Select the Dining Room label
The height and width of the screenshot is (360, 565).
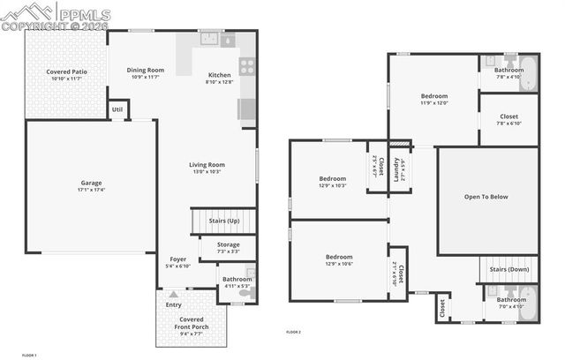(x=145, y=70)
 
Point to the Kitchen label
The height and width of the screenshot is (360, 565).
(x=219, y=75)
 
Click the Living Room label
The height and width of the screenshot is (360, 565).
(x=207, y=164)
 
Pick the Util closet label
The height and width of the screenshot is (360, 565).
(x=117, y=109)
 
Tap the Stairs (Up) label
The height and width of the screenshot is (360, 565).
(x=223, y=220)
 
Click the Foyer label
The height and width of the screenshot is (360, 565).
(x=178, y=259)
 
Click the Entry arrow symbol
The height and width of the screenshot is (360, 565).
(x=174, y=295)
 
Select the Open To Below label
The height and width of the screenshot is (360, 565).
(x=486, y=197)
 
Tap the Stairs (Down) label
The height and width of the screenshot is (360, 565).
(x=508, y=269)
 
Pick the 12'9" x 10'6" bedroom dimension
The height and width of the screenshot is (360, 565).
(x=338, y=264)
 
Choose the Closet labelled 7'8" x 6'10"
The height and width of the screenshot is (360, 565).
(x=508, y=123)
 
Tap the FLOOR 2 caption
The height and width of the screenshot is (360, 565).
(x=293, y=332)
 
